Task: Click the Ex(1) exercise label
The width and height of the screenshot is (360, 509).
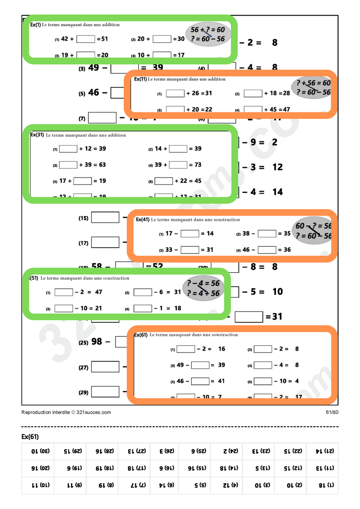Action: (x=35, y=25)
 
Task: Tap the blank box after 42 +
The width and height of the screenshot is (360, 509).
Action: (x=86, y=39)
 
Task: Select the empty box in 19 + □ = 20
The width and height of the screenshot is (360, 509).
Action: (x=86, y=55)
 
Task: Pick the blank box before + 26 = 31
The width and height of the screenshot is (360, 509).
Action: (x=175, y=93)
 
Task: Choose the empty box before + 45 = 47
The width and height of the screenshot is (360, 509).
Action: (x=253, y=109)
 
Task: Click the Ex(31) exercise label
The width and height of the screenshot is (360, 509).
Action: (x=37, y=135)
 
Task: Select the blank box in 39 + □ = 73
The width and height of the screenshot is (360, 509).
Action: (x=178, y=165)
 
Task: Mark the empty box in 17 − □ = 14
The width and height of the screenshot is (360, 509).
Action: (x=190, y=234)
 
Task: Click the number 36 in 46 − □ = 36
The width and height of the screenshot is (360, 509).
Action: (x=287, y=250)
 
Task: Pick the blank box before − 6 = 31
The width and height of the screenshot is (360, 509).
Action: (x=143, y=292)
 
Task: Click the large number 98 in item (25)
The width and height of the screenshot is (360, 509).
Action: (x=97, y=342)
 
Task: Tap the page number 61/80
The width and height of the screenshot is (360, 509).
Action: (x=332, y=412)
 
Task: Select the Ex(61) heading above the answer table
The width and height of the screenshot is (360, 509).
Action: (x=30, y=436)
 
